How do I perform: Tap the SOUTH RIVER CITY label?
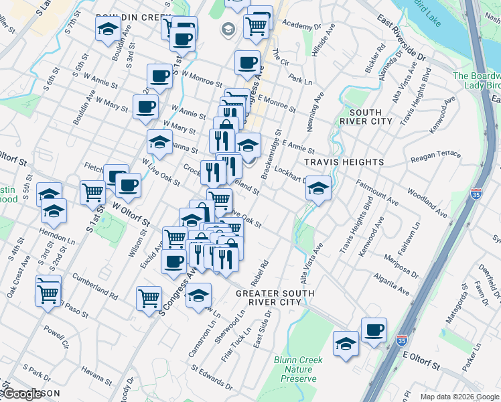(366, 117)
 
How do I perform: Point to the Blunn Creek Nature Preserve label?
(298, 369)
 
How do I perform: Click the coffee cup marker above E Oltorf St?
(374, 330)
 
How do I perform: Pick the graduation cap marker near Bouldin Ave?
(108, 29)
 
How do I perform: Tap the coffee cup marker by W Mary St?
(145, 107)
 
